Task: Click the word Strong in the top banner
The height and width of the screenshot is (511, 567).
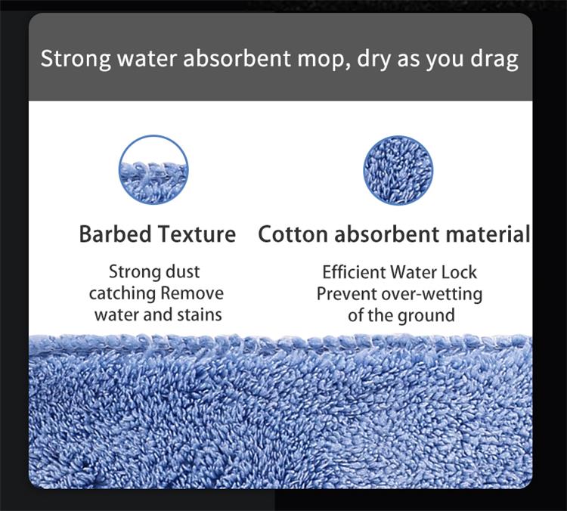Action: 76,59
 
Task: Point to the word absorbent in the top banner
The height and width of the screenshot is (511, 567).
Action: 237,58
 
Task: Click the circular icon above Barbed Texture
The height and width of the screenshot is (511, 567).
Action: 153,169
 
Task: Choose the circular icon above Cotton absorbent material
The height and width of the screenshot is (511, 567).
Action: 398,170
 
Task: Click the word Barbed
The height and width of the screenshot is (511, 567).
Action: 115,234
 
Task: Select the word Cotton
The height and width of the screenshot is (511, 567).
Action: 293,234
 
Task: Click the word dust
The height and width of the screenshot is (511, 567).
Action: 182,271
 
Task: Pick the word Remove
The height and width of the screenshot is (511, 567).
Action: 192,293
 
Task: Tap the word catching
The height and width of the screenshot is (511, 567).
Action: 122,293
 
